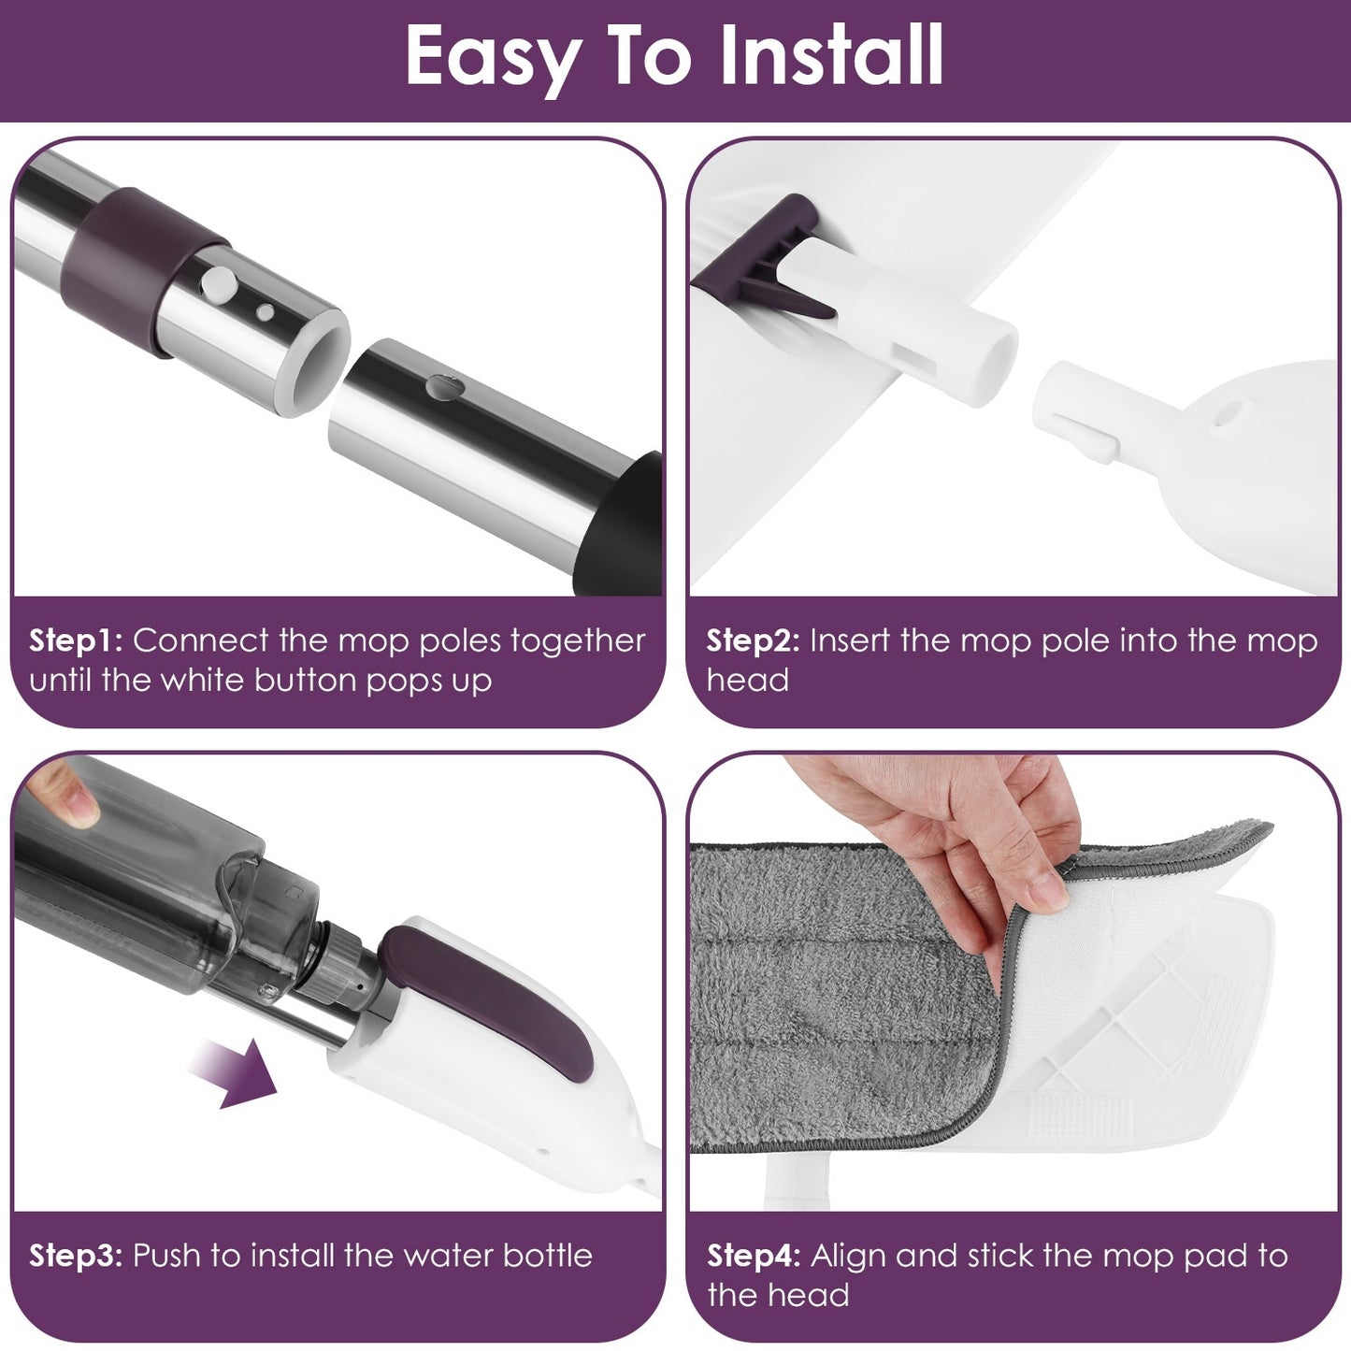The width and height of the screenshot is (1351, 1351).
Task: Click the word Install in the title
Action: pos(831,56)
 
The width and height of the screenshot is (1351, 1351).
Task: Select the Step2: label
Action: pos(753,641)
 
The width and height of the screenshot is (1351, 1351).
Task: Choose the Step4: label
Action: pos(753,1256)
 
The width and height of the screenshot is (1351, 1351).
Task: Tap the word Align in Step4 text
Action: pos(847,1256)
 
